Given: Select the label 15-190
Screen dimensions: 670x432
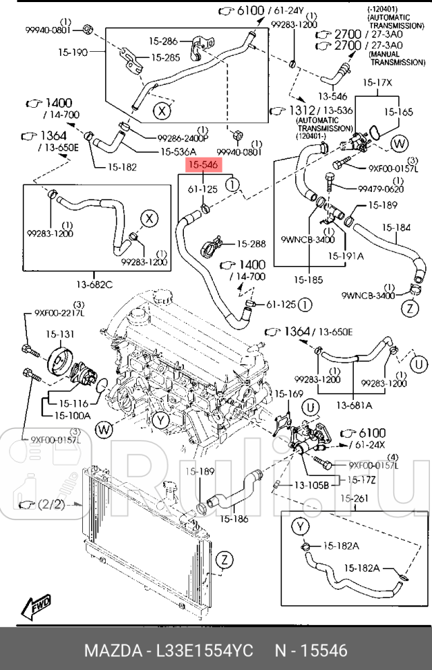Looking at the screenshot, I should (74, 52).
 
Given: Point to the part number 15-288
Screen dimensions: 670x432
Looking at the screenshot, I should (252, 244).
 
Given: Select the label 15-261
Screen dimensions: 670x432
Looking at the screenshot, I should (357, 499).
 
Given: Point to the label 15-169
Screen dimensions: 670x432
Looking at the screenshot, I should (289, 394).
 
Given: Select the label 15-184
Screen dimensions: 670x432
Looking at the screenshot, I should (397, 227).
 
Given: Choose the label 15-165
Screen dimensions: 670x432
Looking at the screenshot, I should (398, 111).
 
